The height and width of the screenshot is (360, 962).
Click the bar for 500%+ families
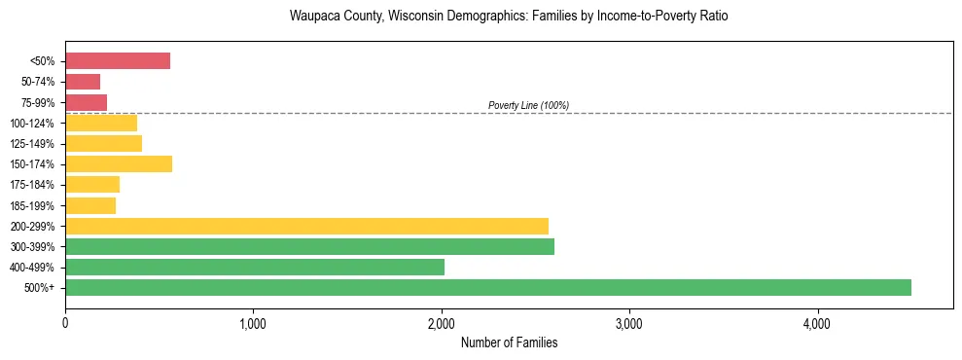pos(487,287)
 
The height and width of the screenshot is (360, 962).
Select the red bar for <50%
pos(118,61)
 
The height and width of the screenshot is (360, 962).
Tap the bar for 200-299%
pos(306,226)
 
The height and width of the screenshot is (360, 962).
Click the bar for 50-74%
pos(83,82)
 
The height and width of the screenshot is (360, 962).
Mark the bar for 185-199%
pos(90,205)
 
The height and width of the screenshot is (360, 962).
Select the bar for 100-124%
pos(101,123)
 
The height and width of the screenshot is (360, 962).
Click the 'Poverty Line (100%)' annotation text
pos(528,105)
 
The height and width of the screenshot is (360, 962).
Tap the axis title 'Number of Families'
pos(509,342)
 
